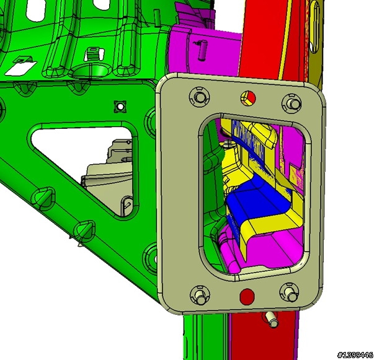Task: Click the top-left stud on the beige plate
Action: tap(200, 97)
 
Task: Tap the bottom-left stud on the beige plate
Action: tap(200, 296)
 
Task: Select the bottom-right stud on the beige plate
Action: tap(290, 293)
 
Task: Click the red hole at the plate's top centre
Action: tap(248, 98)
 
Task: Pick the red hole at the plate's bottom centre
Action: tap(247, 296)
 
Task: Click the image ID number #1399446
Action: tap(355, 354)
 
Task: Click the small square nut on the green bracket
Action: tap(120, 106)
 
